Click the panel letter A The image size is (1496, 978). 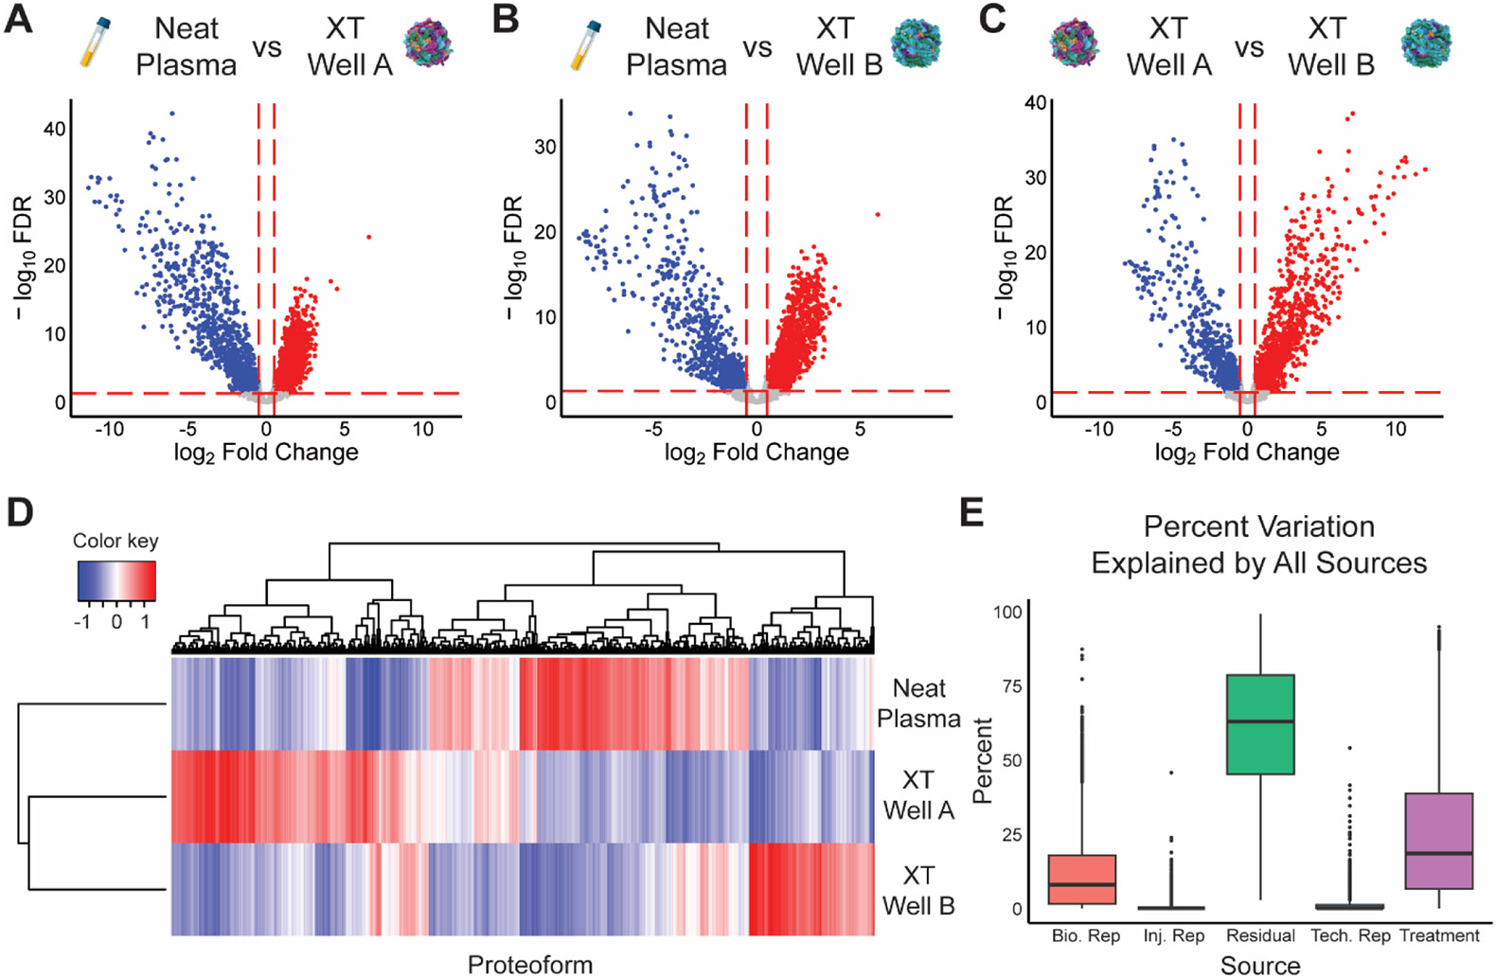click(18, 19)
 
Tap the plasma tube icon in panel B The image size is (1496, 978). click(585, 45)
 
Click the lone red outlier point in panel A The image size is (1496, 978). click(368, 237)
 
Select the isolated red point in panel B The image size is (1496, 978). click(878, 215)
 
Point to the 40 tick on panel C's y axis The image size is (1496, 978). click(1035, 102)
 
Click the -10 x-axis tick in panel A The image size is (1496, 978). click(109, 429)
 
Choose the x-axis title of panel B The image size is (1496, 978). click(757, 453)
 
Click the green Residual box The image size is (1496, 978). click(1260, 724)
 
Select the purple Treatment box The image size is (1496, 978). click(1439, 841)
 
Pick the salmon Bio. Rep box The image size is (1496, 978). click(1085, 880)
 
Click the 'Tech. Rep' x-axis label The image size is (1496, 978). click(1350, 935)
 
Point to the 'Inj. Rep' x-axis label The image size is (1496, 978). click(1174, 935)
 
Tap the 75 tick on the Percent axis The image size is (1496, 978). click(1010, 685)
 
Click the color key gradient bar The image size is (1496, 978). click(116, 581)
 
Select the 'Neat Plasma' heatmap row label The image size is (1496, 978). click(918, 702)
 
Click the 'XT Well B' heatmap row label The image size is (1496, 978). click(918, 890)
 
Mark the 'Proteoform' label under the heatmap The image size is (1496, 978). click(530, 964)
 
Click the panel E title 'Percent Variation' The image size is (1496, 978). click(1258, 526)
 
